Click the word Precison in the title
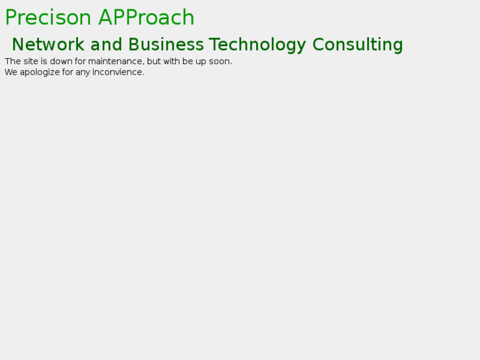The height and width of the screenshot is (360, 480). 48,17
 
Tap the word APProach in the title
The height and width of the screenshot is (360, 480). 147,17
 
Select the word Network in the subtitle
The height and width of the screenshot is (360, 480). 48,44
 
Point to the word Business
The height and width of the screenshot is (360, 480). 166,44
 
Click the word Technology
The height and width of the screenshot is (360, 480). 257,46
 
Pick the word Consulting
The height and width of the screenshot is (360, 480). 358,46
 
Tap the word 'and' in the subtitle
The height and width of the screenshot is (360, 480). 106,44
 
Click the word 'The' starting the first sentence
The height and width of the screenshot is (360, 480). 13,61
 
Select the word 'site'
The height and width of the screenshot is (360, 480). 30,61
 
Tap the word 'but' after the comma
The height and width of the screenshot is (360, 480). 154,61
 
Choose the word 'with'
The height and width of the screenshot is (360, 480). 172,61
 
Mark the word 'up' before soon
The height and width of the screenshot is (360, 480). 201,62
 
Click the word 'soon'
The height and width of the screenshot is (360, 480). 219,62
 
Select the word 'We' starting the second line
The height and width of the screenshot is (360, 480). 11,72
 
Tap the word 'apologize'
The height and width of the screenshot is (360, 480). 40,73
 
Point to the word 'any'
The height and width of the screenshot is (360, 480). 83,73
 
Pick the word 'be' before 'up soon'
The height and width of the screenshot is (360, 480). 188,61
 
